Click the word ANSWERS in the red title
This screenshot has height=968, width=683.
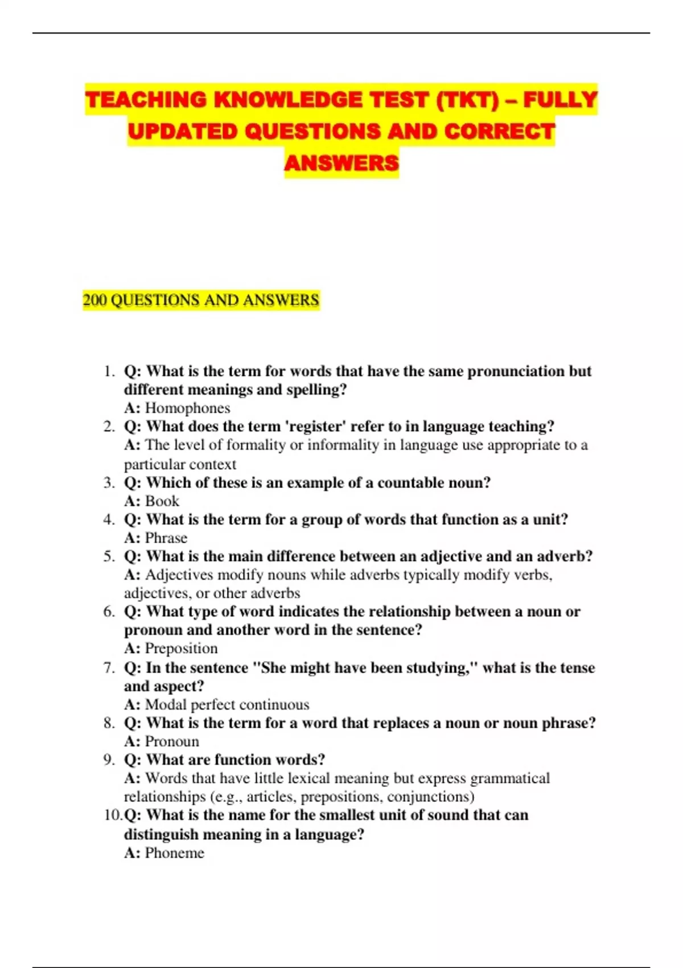[x=341, y=163]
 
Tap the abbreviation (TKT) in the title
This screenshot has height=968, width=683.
[x=467, y=100]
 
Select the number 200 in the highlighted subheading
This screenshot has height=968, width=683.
[x=94, y=300]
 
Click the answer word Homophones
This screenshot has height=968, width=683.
[x=187, y=408]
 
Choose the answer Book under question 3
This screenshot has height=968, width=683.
[x=162, y=501]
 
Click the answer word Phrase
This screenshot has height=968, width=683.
[x=166, y=538]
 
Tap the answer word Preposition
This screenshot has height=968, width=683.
[x=181, y=649]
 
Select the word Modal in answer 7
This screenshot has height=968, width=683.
[x=166, y=705]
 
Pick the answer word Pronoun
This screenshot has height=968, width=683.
[x=172, y=741]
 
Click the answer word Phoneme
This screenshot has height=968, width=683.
[x=174, y=853]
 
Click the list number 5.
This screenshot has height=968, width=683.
[x=109, y=556]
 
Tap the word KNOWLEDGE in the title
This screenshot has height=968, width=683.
[x=288, y=100]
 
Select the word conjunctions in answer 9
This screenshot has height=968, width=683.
[x=430, y=797]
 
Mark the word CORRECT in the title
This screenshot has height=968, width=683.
[x=499, y=132]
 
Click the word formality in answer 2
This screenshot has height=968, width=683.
[x=251, y=445]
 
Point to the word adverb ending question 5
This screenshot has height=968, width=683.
[x=563, y=556]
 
